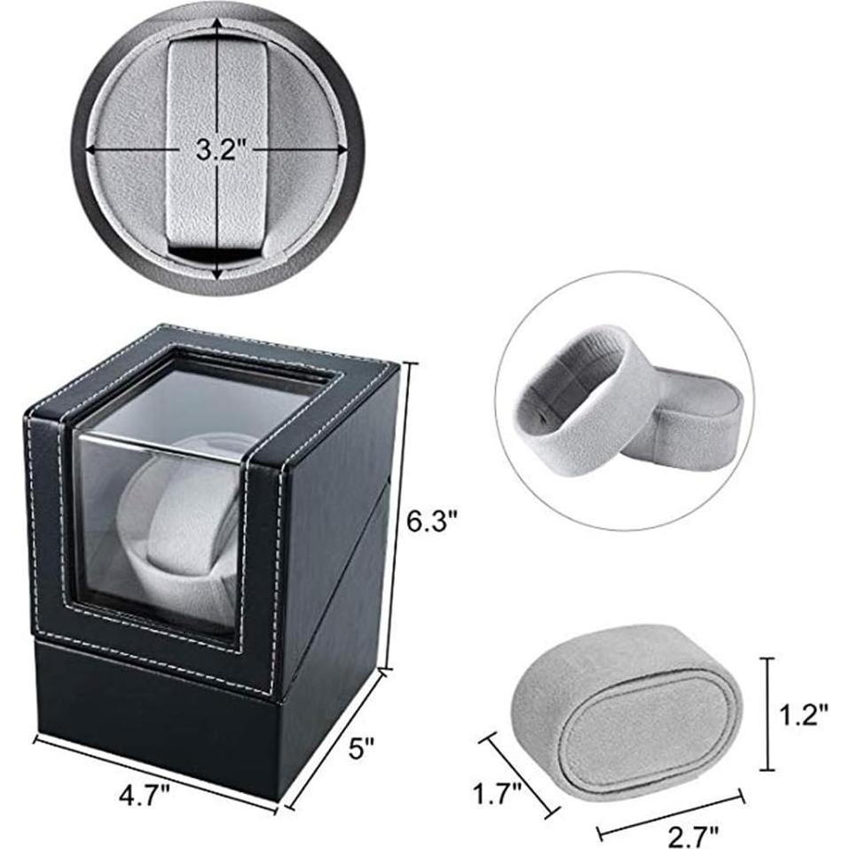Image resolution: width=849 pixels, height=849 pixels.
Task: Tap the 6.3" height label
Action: click(x=432, y=523)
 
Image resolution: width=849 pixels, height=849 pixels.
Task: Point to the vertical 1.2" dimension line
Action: click(x=769, y=714)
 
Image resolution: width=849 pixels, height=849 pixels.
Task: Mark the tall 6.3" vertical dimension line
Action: click(x=396, y=515)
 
